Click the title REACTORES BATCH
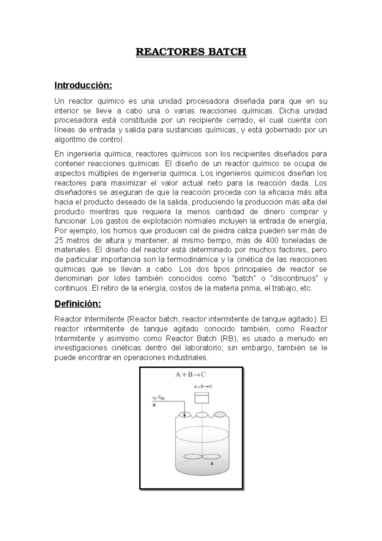(x=191, y=52)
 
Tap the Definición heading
(x=78, y=304)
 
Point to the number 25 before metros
(x=59, y=240)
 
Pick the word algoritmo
(x=70, y=140)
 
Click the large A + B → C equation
(x=191, y=374)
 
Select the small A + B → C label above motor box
(x=203, y=386)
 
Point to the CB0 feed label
(x=161, y=398)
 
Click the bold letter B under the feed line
(x=154, y=406)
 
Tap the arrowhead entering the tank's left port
(x=185, y=414)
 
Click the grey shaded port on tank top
(x=219, y=415)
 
